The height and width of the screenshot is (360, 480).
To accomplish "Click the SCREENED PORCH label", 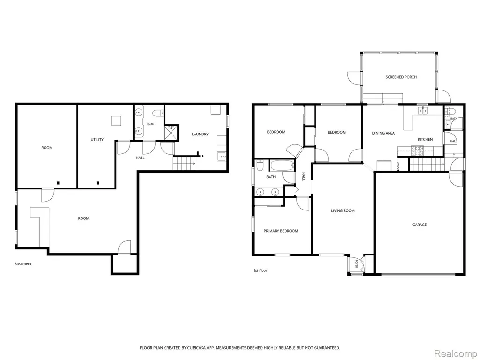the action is click(x=401, y=77).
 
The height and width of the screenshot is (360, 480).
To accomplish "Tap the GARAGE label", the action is click(x=420, y=225).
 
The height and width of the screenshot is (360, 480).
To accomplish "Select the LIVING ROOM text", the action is click(x=343, y=210).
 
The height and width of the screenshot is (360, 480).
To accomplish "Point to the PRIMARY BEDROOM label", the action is click(x=281, y=231).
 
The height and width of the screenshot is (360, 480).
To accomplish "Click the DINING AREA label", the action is click(x=383, y=133).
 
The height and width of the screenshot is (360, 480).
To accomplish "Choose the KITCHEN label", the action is click(x=425, y=139).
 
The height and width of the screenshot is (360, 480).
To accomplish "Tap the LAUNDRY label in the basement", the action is click(x=200, y=134).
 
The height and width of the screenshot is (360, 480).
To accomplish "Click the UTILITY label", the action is click(x=97, y=140).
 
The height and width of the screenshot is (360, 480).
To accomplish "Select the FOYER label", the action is click(x=356, y=264).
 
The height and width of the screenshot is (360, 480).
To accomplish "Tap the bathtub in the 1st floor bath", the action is click(x=282, y=165).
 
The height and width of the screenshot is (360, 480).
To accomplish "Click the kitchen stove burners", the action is click(x=417, y=150).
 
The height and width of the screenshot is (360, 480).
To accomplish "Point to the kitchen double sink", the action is click(x=423, y=110).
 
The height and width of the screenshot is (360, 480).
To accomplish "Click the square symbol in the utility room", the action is click(x=116, y=120).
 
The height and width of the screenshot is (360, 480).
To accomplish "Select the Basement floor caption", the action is click(x=23, y=264).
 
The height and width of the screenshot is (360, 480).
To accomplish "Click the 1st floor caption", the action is click(x=260, y=270).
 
